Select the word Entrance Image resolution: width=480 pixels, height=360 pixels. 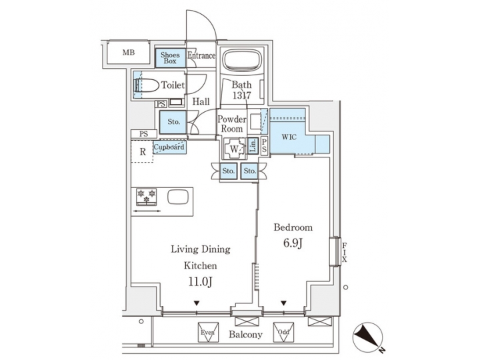click(201, 56)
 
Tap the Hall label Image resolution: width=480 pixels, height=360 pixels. click(201, 102)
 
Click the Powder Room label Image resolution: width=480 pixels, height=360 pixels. click(232, 124)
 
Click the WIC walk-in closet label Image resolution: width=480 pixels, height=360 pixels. click(289, 137)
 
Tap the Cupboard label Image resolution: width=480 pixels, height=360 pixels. click(169, 147)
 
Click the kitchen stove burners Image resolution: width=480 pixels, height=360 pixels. click(146, 197)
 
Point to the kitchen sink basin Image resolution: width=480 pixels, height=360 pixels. click(178, 197)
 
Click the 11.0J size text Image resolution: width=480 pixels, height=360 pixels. click(201, 282)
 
